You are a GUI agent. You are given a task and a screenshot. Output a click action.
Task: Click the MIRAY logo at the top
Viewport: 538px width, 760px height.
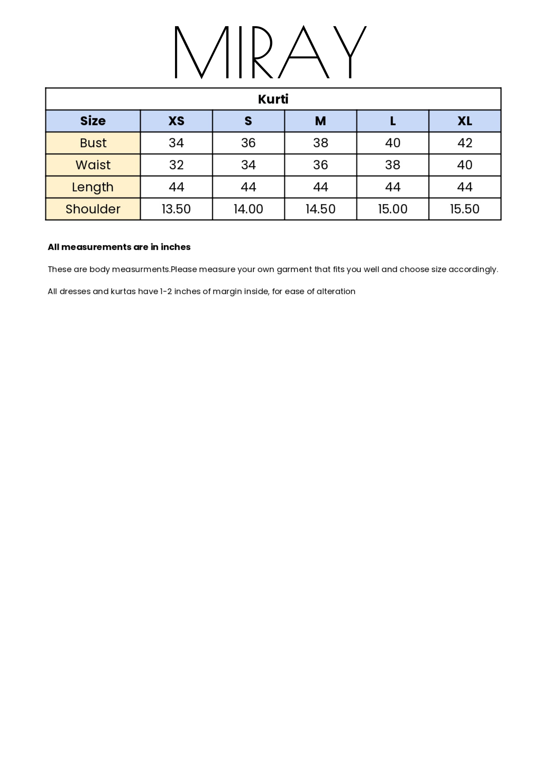270,52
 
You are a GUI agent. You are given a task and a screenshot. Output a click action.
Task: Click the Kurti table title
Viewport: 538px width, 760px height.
273,99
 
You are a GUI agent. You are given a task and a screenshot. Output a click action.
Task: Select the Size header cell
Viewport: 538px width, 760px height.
93,121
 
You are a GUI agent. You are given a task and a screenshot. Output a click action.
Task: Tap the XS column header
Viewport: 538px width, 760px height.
176,121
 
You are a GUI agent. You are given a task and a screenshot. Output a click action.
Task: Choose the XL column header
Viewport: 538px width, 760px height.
465,121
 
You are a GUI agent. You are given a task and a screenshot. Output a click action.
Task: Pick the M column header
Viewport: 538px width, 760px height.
320,121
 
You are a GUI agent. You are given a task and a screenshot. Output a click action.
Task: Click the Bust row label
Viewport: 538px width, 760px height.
93,143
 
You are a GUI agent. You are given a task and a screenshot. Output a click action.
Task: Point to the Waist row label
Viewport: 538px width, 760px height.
93,165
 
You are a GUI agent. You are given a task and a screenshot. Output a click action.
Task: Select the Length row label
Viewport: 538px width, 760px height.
93,187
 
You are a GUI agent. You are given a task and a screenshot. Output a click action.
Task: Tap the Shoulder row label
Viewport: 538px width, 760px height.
93,209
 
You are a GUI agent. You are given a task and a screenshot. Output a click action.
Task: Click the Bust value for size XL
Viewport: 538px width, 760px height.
465,143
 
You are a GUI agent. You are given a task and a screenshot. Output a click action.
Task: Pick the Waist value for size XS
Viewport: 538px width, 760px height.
176,165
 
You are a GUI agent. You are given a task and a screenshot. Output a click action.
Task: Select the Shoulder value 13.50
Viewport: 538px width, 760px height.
176,209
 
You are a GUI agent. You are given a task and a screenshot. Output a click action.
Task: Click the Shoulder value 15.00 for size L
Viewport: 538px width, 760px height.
393,209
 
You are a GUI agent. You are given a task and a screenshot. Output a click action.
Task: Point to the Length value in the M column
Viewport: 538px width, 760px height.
320,187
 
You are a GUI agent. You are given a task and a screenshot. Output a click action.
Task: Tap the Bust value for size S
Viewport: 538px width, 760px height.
248,143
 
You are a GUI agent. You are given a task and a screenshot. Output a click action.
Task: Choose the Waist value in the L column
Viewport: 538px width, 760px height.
393,165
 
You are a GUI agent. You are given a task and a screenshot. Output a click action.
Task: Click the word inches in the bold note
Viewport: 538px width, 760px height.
175,247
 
